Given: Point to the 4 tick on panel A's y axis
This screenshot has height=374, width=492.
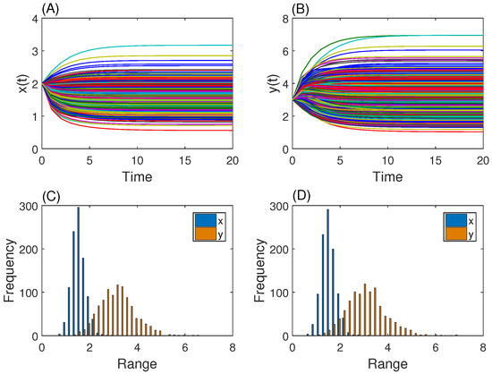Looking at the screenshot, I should (34, 19).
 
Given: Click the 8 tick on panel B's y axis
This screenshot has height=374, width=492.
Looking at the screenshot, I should (284, 19).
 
